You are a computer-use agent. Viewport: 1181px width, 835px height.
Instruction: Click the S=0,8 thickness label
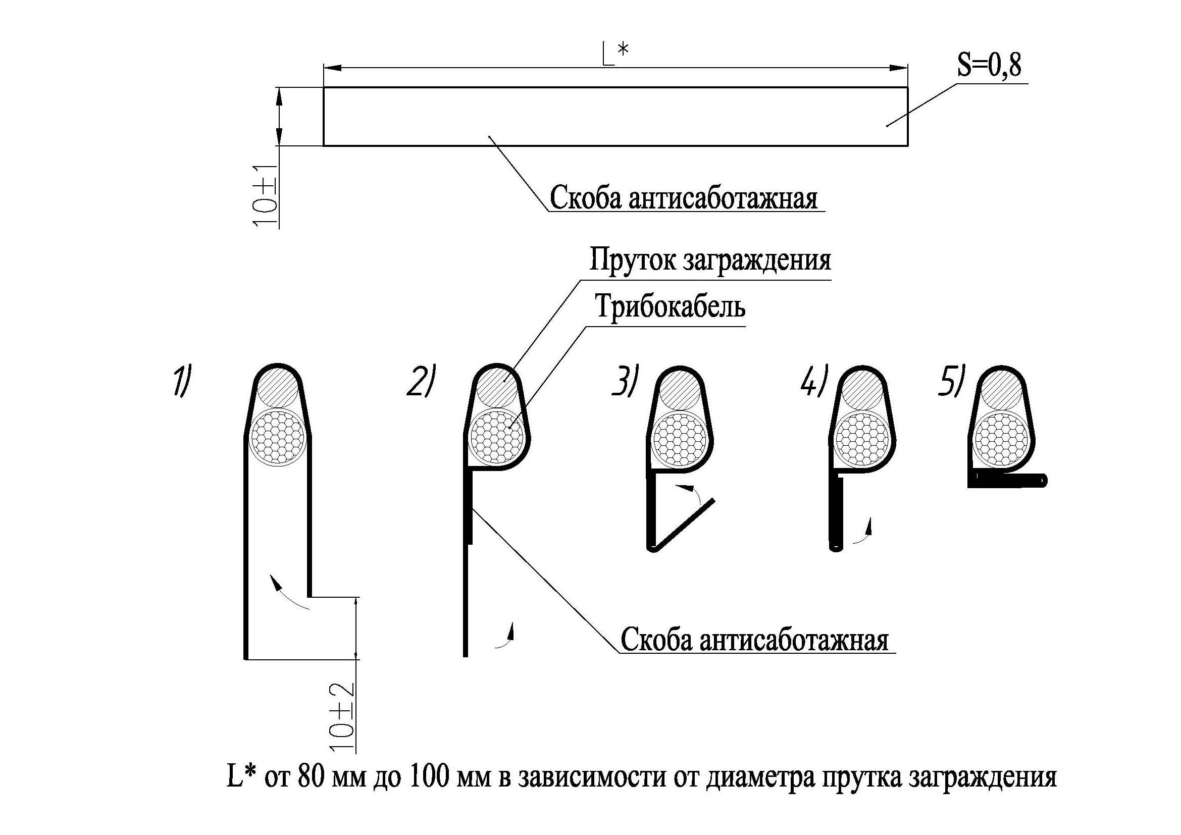989,66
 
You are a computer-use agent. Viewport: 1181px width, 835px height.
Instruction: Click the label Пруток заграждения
710,259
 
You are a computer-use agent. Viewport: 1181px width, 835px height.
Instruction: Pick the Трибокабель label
670,306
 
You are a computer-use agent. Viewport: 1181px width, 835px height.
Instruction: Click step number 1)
181,381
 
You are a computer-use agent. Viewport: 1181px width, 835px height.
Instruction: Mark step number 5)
950,381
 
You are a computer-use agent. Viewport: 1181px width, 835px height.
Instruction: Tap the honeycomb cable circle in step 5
1001,439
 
